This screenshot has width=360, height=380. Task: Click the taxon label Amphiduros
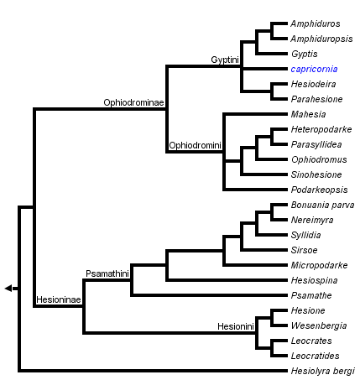point(316,24)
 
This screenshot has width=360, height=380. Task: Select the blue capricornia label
point(315,69)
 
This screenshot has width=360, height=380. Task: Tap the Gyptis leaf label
point(304,54)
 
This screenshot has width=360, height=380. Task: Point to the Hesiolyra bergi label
point(321,370)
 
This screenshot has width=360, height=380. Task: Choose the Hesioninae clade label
point(58,299)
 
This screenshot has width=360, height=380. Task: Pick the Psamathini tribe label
point(107,273)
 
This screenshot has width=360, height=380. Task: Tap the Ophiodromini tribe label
point(195,145)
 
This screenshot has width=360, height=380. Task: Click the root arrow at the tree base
point(10,289)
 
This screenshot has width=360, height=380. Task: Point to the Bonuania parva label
point(321,205)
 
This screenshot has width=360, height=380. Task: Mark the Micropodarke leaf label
point(319,265)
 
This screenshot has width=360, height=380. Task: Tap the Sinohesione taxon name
point(316,174)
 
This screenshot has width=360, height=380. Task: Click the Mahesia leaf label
point(307,114)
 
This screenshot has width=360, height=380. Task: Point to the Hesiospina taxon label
point(314,280)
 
